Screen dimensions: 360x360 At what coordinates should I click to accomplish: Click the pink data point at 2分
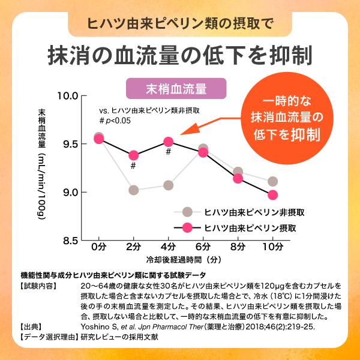click(133, 155)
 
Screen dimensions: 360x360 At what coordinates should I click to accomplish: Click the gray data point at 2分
click(133, 190)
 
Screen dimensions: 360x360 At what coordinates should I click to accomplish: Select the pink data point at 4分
click(169, 142)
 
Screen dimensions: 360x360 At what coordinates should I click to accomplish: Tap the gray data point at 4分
click(169, 185)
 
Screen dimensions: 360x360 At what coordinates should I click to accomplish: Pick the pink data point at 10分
click(273, 194)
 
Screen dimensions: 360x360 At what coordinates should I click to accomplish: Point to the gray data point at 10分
click(273, 181)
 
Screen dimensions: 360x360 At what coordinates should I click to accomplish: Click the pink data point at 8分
click(238, 178)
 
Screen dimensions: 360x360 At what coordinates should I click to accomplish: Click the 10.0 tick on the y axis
click(67, 95)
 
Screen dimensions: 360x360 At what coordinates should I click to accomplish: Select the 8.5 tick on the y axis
click(68, 240)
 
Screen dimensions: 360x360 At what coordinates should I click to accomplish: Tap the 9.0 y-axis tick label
click(68, 192)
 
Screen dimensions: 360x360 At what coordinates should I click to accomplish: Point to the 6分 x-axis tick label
click(203, 247)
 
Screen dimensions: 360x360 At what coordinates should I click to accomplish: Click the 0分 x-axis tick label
click(98, 247)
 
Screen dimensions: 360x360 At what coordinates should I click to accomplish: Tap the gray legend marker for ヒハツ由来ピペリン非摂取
click(187, 212)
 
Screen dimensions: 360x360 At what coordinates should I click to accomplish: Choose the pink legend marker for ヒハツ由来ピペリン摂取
click(187, 228)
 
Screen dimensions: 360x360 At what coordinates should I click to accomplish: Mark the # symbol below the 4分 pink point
click(169, 152)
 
